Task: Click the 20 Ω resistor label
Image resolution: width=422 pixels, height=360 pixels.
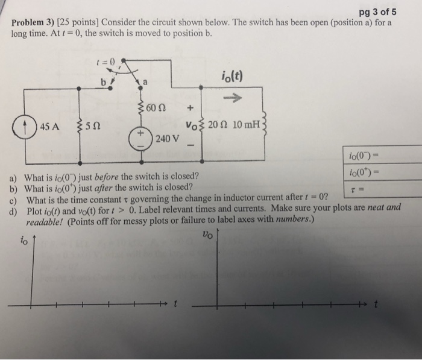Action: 219,125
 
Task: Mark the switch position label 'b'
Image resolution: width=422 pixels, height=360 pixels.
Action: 103,81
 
